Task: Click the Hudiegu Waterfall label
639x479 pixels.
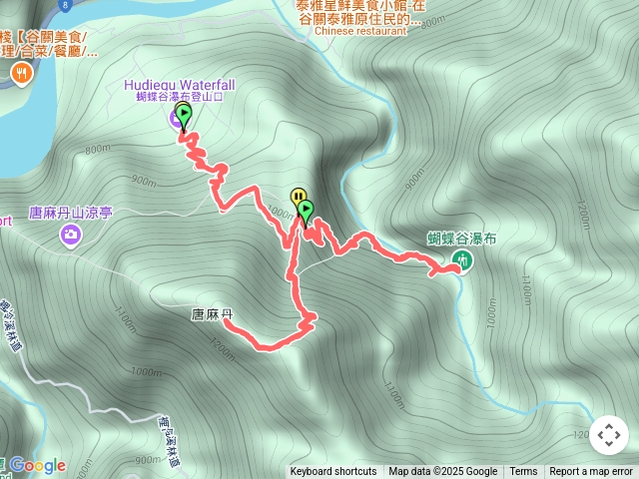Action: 180,85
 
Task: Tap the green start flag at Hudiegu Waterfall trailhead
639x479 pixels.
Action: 182,115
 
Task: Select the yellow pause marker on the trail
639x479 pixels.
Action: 298,197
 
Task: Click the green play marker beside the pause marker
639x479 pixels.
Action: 306,211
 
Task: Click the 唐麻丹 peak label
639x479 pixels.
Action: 212,315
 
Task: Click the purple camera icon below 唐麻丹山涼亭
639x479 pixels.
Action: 70,236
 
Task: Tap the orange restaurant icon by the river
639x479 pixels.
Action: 22,72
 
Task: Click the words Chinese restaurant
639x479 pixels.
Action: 360,31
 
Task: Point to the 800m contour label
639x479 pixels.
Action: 98,150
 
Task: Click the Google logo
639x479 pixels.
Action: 38,465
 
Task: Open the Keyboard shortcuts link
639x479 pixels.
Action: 333,472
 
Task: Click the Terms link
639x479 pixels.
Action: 523,472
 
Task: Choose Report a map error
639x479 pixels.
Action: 591,472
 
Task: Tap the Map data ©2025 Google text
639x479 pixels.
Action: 442,472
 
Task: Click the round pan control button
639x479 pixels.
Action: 609,435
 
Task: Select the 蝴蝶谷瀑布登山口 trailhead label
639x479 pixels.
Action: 180,97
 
